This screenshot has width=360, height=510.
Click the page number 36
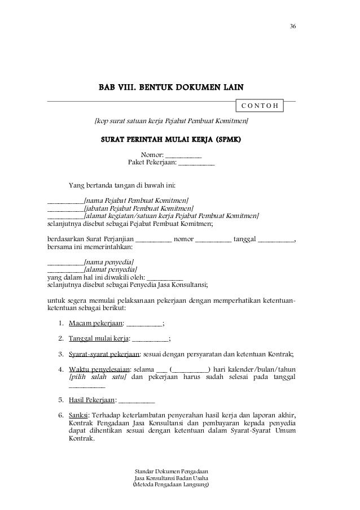tap(292, 27)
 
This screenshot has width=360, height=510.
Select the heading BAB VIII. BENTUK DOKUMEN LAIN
tap(172, 88)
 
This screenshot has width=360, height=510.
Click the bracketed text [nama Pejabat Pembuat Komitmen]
tap(136, 200)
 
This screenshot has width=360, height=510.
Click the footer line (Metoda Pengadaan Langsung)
tap(170, 485)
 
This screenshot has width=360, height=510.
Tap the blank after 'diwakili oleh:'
tap(165, 278)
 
